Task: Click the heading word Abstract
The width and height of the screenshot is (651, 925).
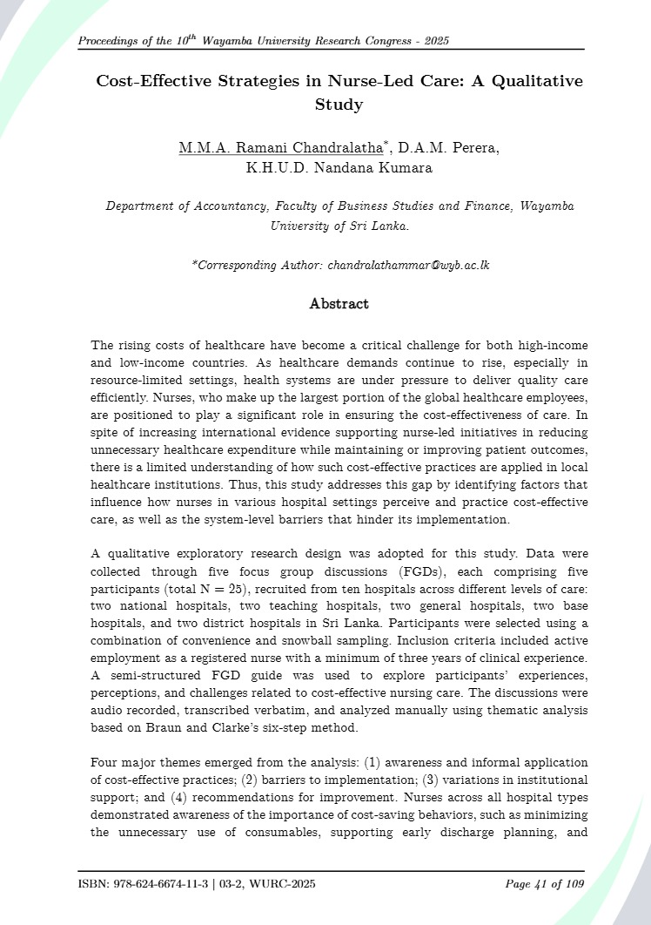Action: point(339,304)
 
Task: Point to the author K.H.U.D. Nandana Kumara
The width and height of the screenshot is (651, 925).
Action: point(339,168)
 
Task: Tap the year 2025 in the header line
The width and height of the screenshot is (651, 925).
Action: point(433,41)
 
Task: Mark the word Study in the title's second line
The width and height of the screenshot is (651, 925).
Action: point(339,105)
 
